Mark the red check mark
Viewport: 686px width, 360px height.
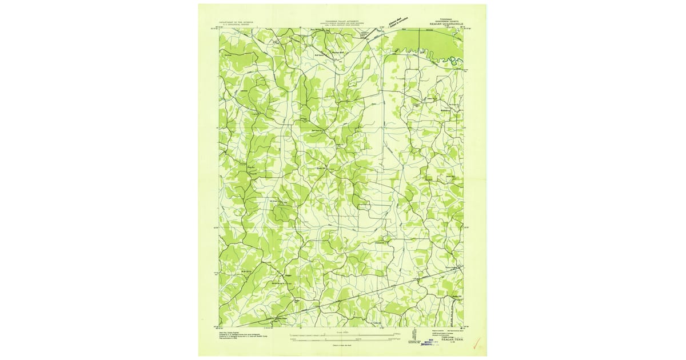point(477,344)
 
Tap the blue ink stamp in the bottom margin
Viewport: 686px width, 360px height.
point(425,341)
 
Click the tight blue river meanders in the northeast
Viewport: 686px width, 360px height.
point(443,57)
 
